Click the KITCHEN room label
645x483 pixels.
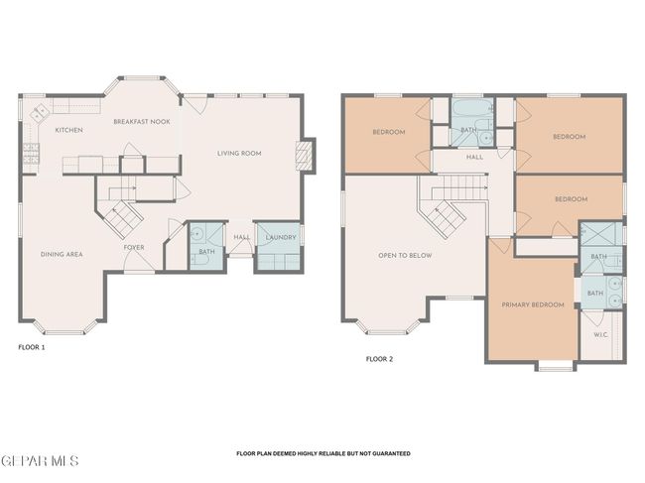69,130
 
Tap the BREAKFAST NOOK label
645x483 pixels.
142,122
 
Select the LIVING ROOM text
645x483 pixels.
239,154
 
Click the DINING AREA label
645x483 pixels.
62,255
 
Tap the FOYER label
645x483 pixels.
134,248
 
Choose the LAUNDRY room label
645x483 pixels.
281,238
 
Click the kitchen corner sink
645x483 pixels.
39,112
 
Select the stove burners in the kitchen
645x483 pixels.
32,154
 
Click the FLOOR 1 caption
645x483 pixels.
32,347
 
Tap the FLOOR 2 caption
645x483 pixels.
379,359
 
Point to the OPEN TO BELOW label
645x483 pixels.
405,256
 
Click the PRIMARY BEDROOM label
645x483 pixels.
533,305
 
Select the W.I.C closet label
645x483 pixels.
600,335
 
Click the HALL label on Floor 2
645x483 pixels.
474,157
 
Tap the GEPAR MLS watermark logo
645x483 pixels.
40,461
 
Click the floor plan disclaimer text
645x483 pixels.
323,454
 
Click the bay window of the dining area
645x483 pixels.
64,328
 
